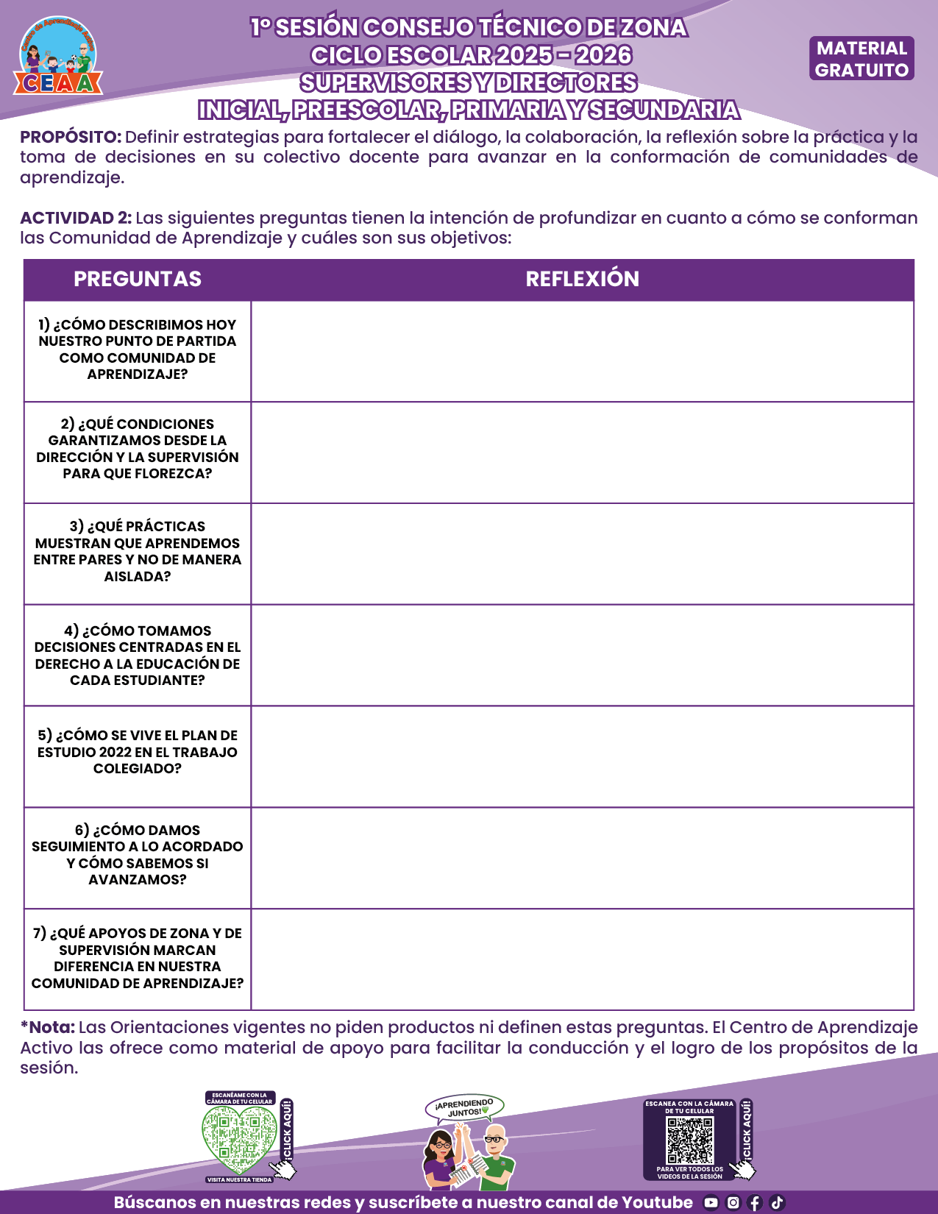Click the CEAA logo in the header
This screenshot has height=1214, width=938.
click(58, 57)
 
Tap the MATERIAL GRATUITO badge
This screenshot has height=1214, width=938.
click(861, 59)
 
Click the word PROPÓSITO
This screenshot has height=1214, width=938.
click(71, 137)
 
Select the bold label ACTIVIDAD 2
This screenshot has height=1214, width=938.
click(76, 218)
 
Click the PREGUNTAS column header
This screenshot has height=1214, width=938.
click(138, 279)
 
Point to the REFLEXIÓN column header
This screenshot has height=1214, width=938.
click(582, 279)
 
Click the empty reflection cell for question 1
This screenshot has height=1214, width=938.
click(582, 351)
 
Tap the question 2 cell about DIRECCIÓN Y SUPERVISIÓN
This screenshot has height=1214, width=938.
click(138, 449)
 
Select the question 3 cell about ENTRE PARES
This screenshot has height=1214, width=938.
click(138, 551)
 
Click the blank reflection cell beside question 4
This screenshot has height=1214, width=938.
click(582, 655)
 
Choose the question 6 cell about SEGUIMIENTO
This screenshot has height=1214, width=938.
click(138, 855)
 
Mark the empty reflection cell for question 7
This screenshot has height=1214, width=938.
click(582, 959)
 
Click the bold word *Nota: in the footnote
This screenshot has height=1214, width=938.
click(48, 1027)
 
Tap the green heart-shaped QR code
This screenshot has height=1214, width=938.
click(239, 1140)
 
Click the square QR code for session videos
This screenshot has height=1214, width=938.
click(689, 1140)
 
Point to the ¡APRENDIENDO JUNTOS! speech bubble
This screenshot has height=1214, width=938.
click(464, 1107)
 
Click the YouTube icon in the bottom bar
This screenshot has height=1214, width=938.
click(711, 1203)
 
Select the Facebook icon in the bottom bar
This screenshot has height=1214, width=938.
click(755, 1203)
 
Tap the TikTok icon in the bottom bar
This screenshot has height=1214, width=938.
click(777, 1203)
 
